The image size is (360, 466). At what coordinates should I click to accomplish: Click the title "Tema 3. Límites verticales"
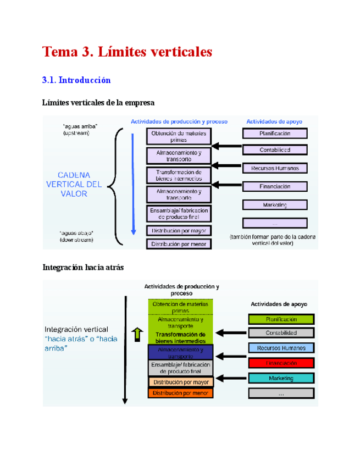(x=127, y=52)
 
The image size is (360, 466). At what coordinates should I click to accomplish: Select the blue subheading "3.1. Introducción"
(x=76, y=80)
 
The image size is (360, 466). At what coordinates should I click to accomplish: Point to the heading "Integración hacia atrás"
(x=83, y=268)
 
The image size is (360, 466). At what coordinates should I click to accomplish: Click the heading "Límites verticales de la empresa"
(x=98, y=103)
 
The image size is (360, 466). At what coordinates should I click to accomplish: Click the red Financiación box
(x=281, y=363)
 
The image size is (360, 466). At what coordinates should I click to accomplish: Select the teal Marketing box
(x=281, y=378)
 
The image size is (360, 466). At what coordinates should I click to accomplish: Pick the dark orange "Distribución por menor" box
(x=180, y=393)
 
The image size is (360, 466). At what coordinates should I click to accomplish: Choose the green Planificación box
(x=281, y=319)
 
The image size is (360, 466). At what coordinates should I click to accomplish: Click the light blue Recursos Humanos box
(x=281, y=348)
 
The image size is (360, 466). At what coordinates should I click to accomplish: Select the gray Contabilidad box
(x=281, y=333)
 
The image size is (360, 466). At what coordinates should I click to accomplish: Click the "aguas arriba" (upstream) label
(x=80, y=129)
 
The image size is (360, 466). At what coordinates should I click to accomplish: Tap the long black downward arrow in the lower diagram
(x=125, y=349)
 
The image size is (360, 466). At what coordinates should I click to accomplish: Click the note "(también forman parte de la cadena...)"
(x=273, y=240)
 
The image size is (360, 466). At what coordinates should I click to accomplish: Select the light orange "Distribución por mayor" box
(x=180, y=382)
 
